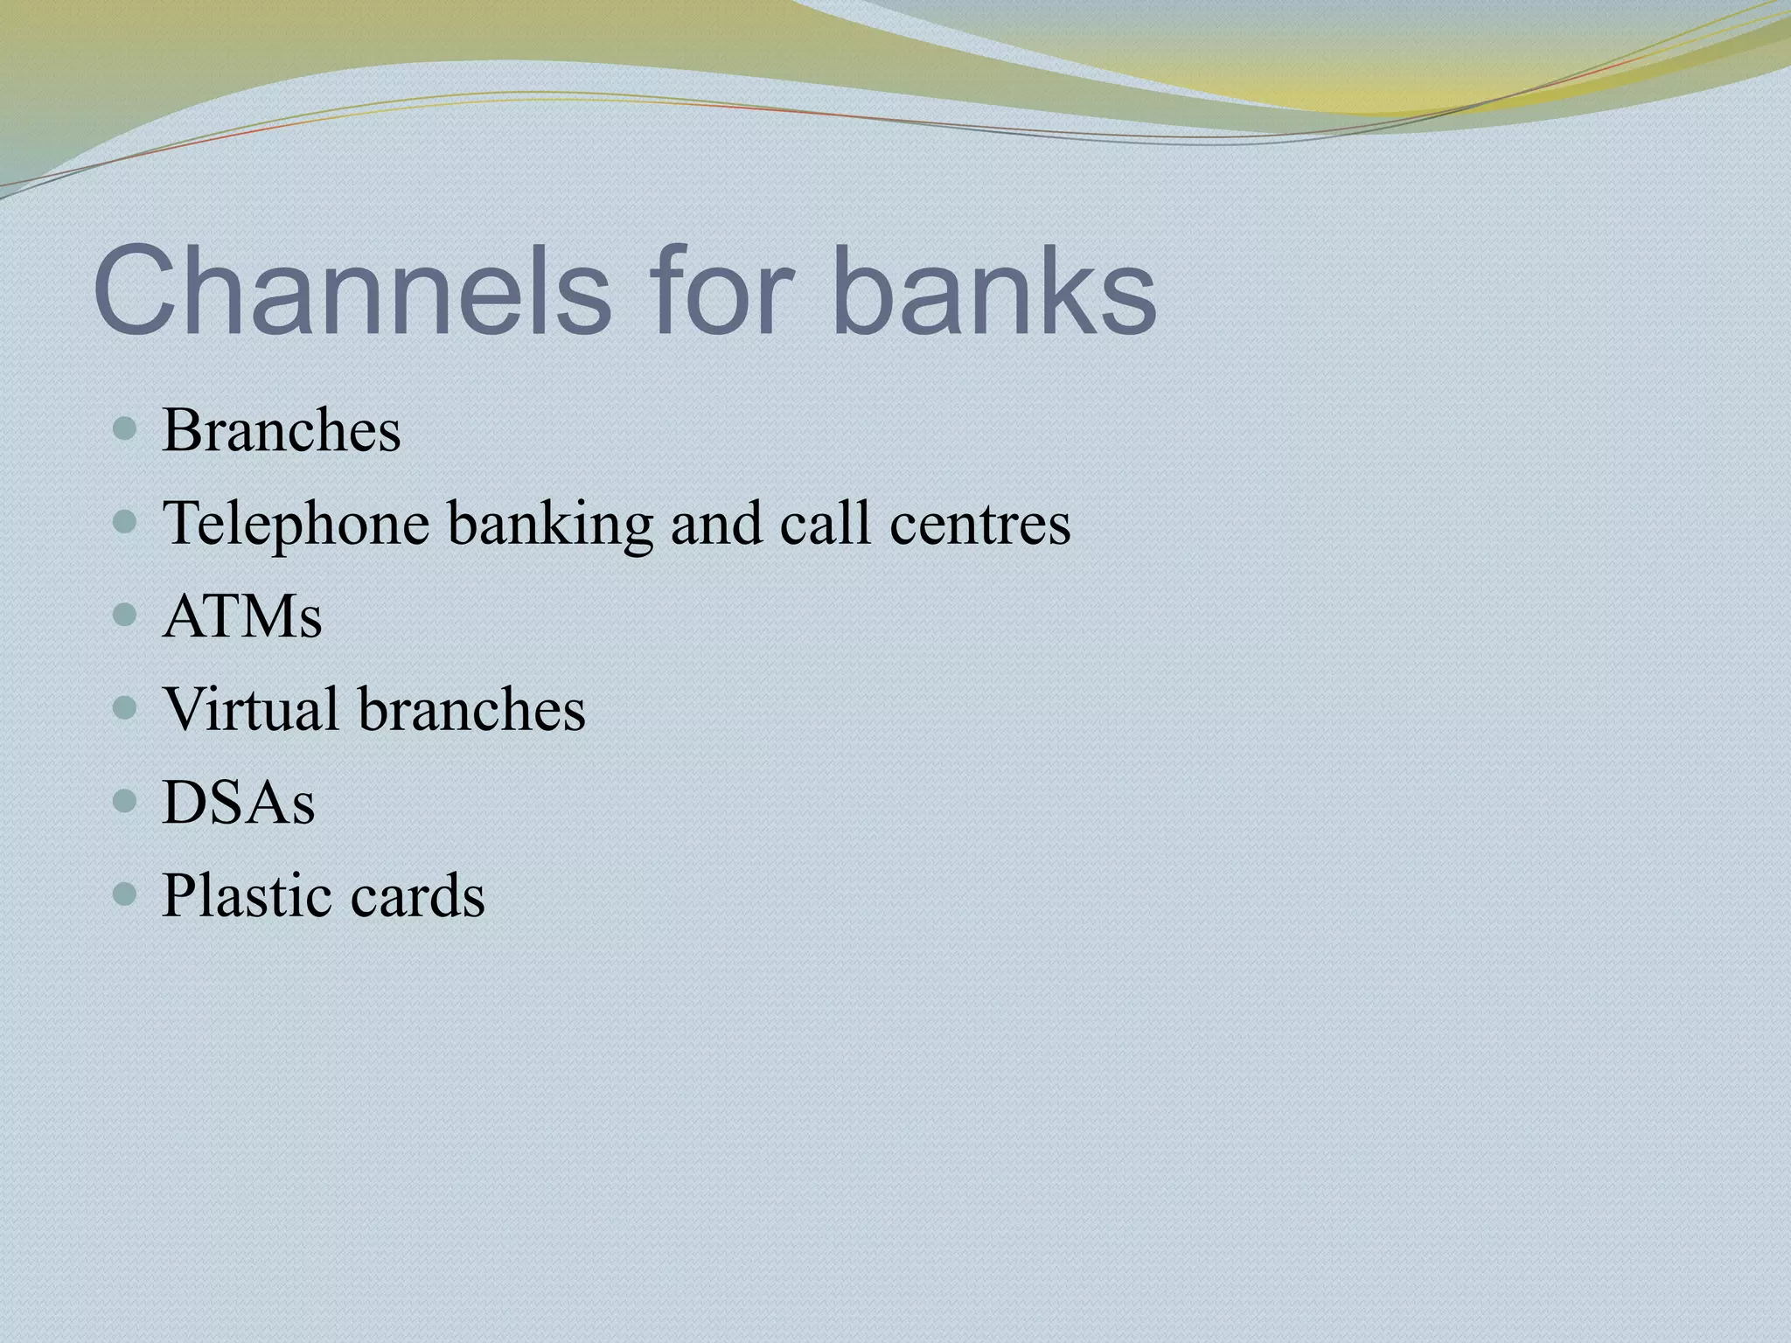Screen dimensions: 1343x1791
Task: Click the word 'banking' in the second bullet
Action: point(550,525)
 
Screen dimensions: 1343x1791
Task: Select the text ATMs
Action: point(242,616)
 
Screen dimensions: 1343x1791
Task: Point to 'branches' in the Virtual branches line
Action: point(472,708)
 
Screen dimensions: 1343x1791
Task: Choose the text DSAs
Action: point(239,803)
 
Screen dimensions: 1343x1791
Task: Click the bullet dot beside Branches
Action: point(126,430)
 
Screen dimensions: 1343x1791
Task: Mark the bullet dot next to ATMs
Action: point(126,616)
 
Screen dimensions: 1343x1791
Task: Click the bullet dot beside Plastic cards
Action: point(126,894)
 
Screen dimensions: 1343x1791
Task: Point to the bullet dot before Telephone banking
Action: point(126,523)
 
